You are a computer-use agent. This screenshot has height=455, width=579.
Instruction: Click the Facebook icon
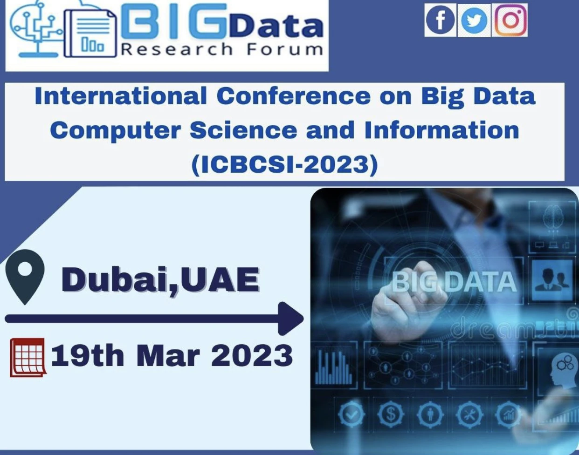point(440,20)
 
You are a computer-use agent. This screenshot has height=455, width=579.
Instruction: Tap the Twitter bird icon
point(474,20)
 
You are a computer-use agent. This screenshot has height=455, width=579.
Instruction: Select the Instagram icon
point(510,20)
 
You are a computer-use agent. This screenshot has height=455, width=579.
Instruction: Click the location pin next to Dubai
point(25,277)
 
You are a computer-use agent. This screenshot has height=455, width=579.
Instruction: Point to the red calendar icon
point(28,358)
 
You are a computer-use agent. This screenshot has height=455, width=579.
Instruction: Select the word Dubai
point(116,279)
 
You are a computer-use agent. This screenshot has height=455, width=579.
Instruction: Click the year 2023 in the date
point(252,356)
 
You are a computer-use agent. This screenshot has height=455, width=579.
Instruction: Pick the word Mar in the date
point(168,356)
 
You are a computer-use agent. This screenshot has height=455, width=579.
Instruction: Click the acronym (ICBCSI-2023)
point(285,164)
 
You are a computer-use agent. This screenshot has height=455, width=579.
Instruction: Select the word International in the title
point(121,96)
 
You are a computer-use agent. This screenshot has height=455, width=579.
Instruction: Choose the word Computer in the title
point(116,130)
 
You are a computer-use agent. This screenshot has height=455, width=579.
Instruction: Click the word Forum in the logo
point(285,49)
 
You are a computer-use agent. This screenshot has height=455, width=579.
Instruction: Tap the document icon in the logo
point(90,33)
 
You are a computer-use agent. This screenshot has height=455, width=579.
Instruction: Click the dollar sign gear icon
point(391,414)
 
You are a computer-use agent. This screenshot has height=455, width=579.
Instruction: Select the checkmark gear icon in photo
point(352,414)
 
